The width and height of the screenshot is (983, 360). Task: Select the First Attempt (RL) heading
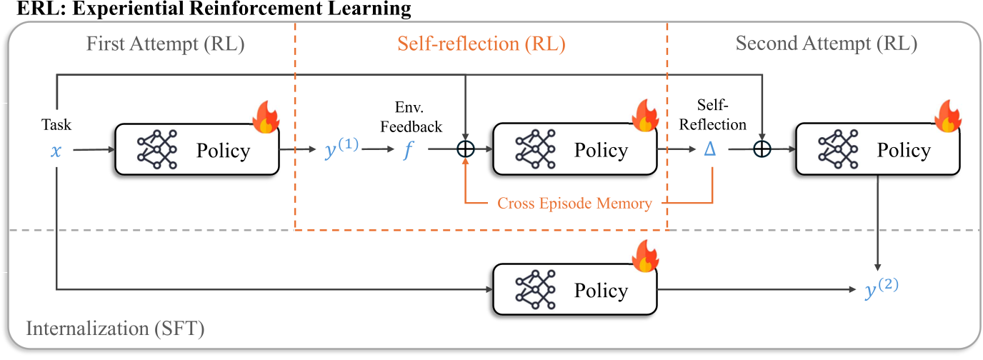click(x=165, y=44)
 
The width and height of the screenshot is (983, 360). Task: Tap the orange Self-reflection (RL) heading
click(x=481, y=44)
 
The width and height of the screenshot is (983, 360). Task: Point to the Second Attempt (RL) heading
click(x=826, y=44)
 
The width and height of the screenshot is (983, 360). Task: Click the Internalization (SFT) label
click(x=115, y=330)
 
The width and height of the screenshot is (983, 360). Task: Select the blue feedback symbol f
click(x=407, y=151)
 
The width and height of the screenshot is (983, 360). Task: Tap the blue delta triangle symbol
click(x=712, y=151)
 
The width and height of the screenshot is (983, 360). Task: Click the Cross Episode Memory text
click(x=574, y=204)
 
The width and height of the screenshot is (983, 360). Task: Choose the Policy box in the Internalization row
click(x=574, y=290)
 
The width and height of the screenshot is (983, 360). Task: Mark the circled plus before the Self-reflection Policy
click(x=466, y=150)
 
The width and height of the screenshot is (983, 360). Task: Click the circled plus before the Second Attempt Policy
click(x=762, y=150)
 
